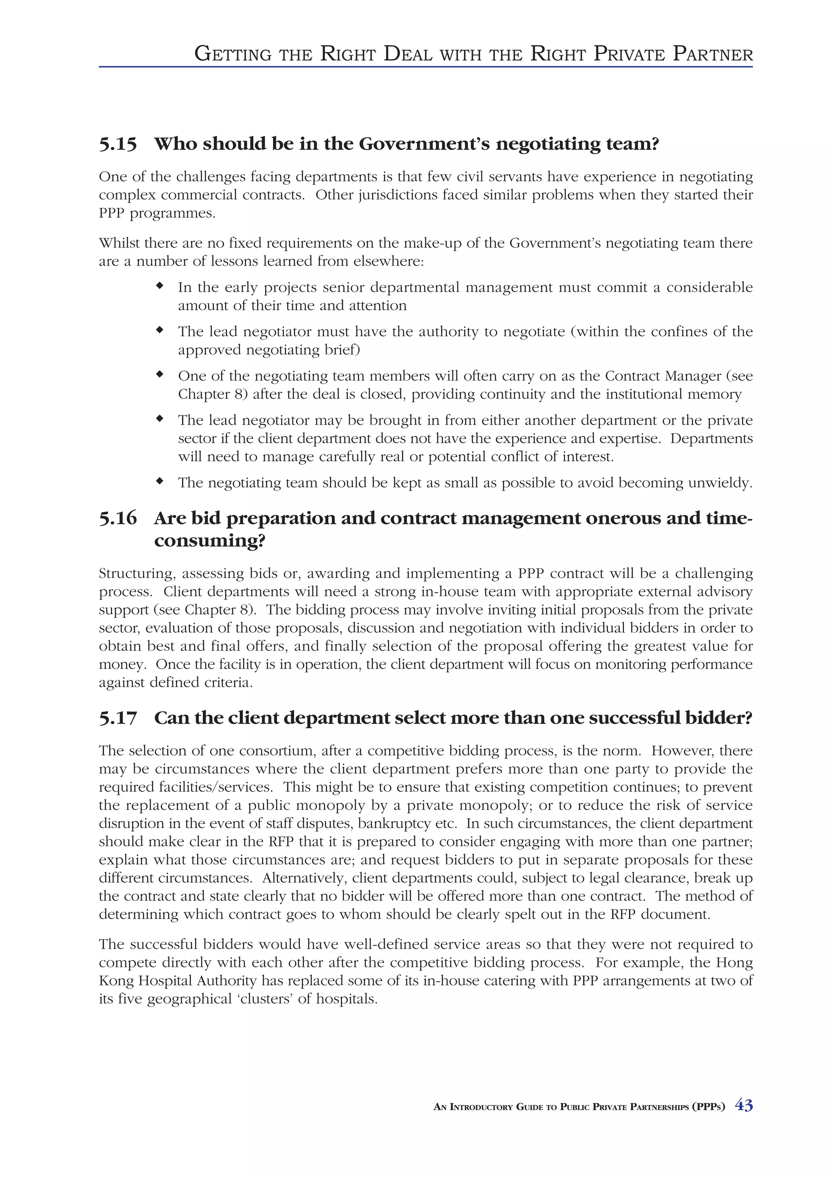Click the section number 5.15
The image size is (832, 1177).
pyautogui.click(x=118, y=145)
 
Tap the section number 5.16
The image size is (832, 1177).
pyautogui.click(x=118, y=518)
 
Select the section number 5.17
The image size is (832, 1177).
pyautogui.click(x=118, y=718)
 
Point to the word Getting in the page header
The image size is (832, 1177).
pyautogui.click(x=233, y=54)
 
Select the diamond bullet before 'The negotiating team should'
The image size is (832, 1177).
pyautogui.click(x=160, y=481)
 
